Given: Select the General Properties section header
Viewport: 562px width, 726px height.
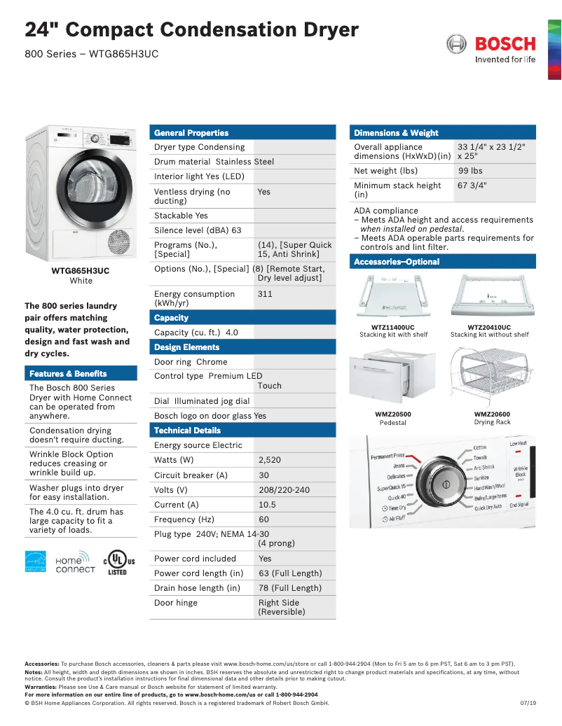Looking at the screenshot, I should pos(191,132).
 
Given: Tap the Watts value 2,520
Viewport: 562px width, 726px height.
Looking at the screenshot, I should pos(270,460).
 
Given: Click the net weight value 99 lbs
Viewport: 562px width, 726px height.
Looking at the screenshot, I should pos(470,171).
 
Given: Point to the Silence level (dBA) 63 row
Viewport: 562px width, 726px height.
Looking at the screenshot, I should pos(198,230).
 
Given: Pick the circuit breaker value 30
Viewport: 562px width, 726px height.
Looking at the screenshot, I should pos(263,475).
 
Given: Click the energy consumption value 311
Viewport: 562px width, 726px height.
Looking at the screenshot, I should pos(265,294).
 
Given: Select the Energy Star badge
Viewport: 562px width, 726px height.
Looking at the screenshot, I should pos(36,562).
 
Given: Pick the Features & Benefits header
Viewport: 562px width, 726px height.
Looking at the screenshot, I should pos(68,374).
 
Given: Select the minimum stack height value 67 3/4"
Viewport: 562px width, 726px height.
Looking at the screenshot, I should pos(472,186).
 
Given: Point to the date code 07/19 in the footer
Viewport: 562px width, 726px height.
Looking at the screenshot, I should pos(528,703).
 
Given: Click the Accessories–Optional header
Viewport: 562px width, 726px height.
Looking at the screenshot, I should pos(397,262).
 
